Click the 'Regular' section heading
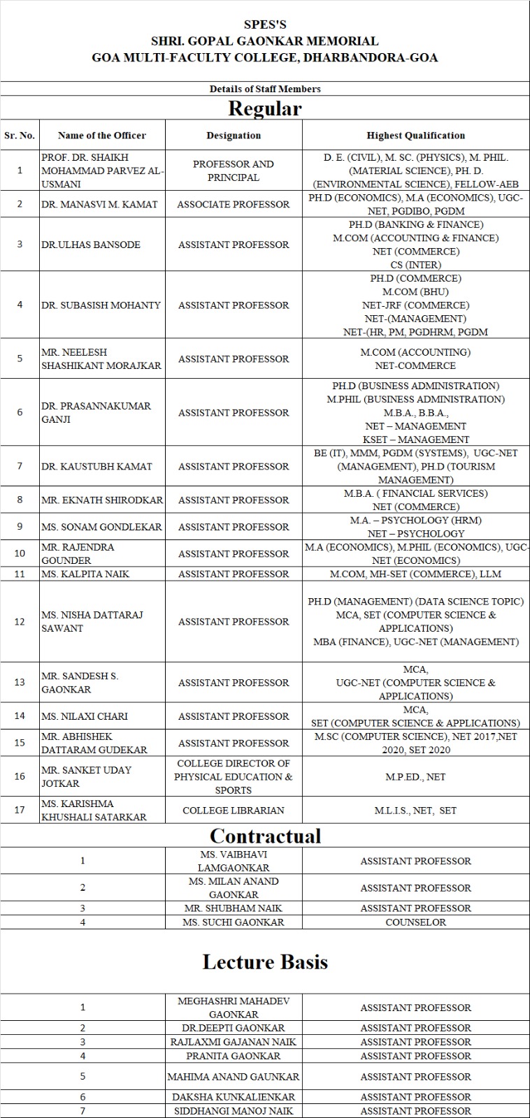tap(265, 109)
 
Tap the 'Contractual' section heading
tap(265, 836)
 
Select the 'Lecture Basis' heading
tap(265, 962)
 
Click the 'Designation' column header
tap(234, 136)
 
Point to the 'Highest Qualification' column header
tap(415, 136)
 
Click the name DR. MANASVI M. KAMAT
tap(99, 204)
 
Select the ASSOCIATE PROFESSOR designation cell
tap(234, 204)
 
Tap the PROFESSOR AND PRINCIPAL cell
tap(234, 170)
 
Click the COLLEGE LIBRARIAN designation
tap(234, 811)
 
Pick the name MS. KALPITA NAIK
tap(85, 574)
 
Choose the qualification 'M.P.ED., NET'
tap(415, 777)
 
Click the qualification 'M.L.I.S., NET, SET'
tap(415, 811)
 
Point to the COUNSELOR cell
tap(415, 922)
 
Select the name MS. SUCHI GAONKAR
tap(234, 922)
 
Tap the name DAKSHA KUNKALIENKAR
tap(234, 1097)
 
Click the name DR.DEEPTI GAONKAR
tap(234, 1028)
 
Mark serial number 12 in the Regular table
tap(20, 621)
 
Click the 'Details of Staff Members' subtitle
tap(265, 89)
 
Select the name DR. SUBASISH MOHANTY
tap(101, 305)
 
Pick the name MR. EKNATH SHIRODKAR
tap(102, 500)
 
